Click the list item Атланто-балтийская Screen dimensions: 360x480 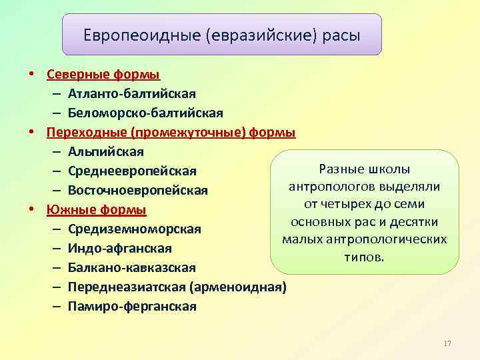131,93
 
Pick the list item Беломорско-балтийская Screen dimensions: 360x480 145,113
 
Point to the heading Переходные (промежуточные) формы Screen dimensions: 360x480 171,132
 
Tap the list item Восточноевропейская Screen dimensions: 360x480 143,191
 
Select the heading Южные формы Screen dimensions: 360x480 96,210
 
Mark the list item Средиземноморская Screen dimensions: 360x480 134,229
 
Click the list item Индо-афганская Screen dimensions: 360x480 119,249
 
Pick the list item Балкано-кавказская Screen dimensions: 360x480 131,268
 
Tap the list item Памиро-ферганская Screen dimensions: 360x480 132,307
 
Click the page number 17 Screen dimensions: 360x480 447,343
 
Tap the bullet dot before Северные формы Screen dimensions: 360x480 31,74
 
